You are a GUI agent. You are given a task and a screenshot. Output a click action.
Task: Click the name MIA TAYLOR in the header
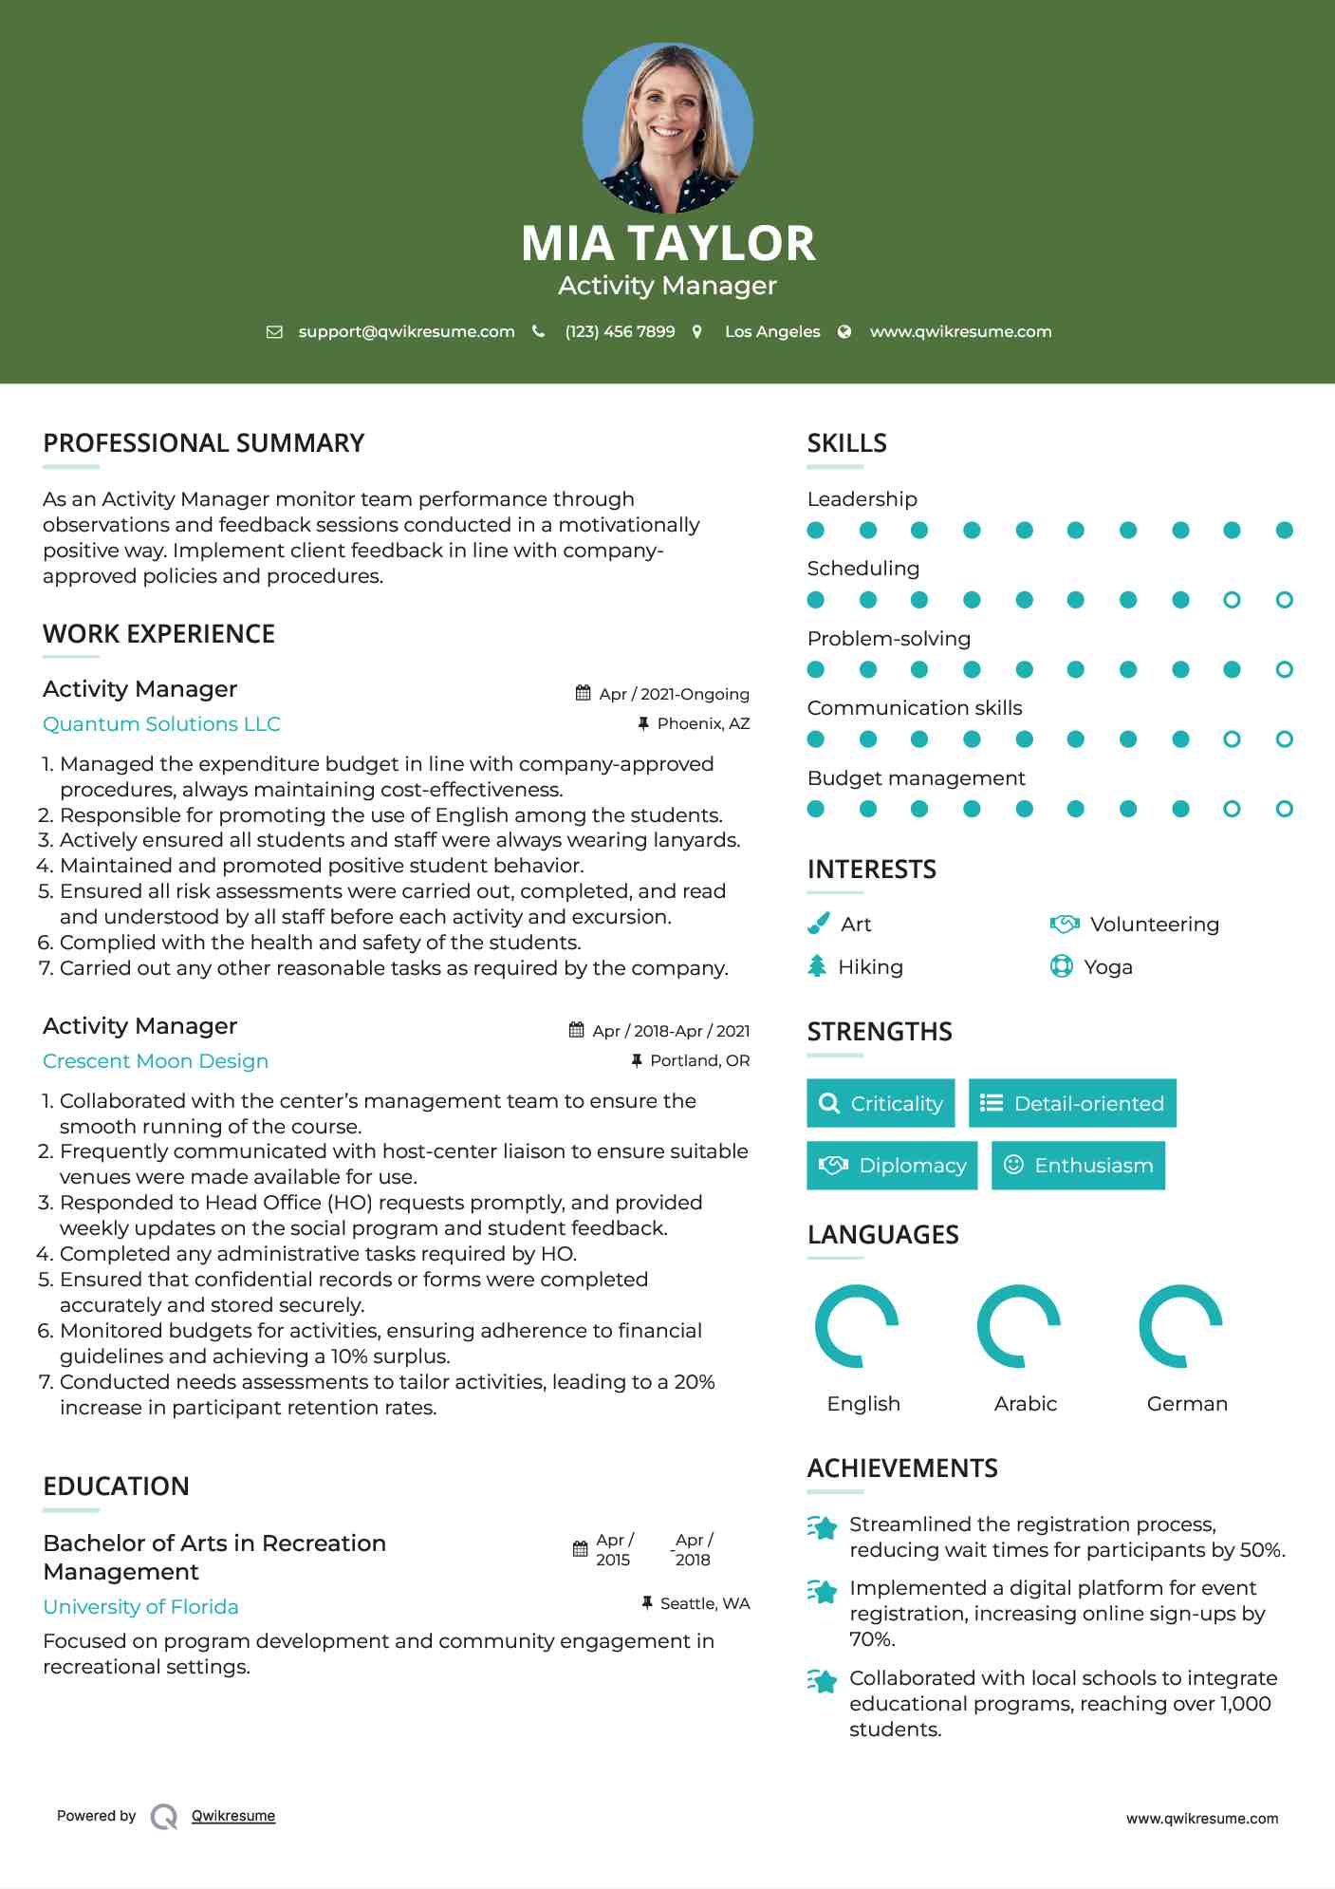(667, 243)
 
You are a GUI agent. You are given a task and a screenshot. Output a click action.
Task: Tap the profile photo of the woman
(667, 127)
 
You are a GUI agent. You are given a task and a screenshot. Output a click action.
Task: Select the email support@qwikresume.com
(406, 331)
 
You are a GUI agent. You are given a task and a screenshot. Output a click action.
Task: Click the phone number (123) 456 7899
(620, 331)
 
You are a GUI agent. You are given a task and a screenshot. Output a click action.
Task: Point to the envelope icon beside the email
(274, 331)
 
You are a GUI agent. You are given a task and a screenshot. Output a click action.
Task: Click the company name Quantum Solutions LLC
(161, 724)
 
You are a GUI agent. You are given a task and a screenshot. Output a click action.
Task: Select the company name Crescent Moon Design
(156, 1061)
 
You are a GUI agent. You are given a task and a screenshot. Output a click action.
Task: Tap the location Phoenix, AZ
(703, 723)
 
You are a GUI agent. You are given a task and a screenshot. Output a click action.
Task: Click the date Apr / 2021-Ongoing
(674, 694)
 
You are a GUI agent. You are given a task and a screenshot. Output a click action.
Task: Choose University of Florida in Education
(140, 1607)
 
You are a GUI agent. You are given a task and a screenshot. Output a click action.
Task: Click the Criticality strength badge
(881, 1103)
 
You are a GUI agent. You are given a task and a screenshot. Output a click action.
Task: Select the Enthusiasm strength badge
(1078, 1166)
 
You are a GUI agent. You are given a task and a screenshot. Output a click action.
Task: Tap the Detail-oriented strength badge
(1072, 1103)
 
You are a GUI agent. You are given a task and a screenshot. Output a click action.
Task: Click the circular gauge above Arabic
(1019, 1326)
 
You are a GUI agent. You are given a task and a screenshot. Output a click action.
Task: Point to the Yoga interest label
(1108, 967)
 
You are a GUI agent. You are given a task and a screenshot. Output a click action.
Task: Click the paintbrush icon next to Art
(818, 924)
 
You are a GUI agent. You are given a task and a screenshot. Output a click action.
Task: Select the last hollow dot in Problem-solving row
(1284, 670)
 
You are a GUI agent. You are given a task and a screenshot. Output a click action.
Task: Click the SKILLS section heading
(846, 443)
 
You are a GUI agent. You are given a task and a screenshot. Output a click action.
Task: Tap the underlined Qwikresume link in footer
(233, 1816)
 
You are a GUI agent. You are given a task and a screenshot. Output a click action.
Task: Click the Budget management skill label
(916, 778)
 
